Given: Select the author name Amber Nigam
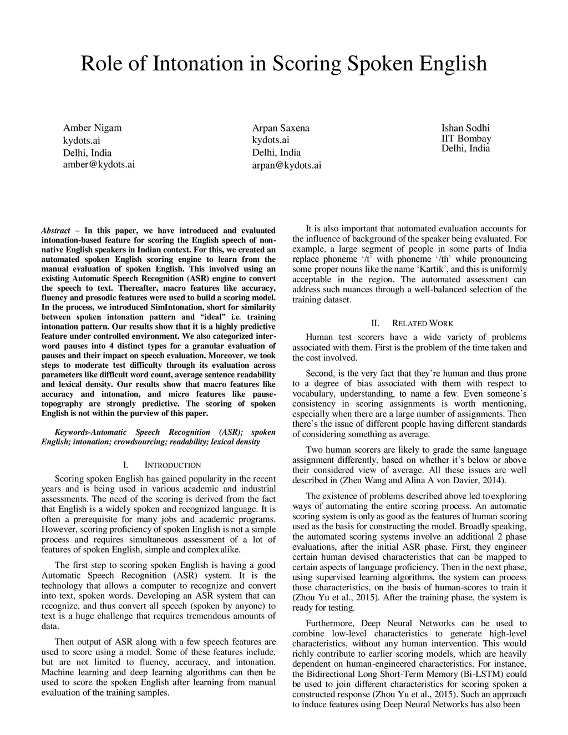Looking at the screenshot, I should pos(92,128).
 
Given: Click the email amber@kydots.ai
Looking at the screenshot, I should pos(99,165).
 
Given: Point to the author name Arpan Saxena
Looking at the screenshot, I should pos(281,128).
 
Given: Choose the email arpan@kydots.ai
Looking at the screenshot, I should pos(287,165).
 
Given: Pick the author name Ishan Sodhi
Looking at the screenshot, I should pos(465,128).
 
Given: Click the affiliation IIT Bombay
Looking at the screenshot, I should pos(466,139).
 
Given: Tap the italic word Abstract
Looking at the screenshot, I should pos(56,230).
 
